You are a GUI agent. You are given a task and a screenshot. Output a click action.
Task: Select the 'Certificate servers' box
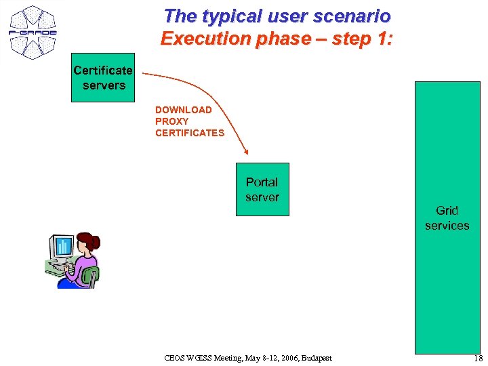coord(103,78)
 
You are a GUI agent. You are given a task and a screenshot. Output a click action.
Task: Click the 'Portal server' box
coord(262,190)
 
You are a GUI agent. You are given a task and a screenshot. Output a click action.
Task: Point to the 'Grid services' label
coord(447,218)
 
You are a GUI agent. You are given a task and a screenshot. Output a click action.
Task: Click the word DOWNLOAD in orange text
coord(183,110)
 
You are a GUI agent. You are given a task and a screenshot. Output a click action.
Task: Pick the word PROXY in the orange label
coord(171,121)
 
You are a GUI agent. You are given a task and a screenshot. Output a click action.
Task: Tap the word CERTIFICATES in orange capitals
coord(190,133)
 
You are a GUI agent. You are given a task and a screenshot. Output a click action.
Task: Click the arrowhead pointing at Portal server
coord(246,152)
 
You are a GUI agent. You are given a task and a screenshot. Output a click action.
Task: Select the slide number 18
coord(478,358)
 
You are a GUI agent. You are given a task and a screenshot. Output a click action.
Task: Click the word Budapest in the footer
coord(317,358)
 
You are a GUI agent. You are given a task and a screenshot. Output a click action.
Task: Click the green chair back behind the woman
coord(91,275)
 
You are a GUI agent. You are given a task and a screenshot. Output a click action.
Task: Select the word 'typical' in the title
coord(224,16)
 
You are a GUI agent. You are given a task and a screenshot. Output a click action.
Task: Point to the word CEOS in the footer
coord(175,358)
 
